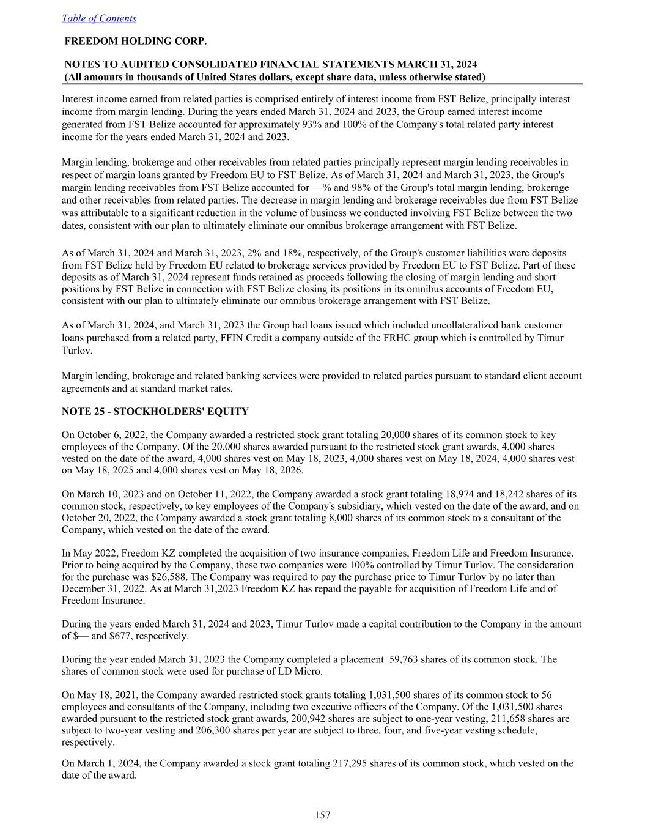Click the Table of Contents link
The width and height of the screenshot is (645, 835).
[x=99, y=18]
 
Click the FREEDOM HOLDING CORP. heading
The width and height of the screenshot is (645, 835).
[x=135, y=42]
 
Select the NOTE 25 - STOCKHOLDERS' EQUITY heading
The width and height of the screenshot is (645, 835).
[x=155, y=412]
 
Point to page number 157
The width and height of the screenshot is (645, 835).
[x=322, y=815]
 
